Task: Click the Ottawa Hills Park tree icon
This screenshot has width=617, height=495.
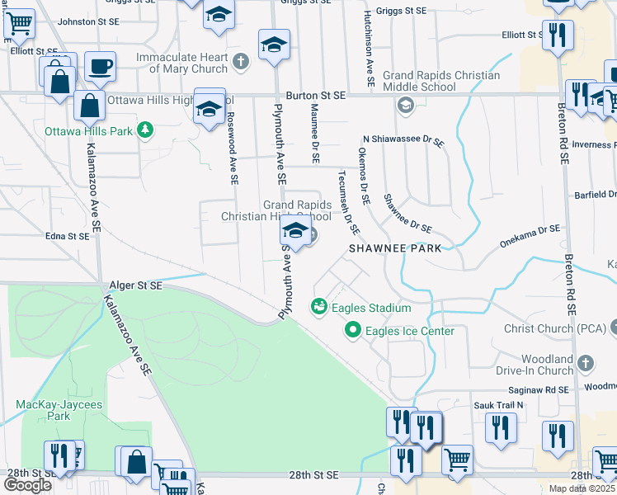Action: [145, 129]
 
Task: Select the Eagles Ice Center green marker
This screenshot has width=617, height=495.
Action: [353, 331]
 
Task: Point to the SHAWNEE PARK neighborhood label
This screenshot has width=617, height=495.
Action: [394, 247]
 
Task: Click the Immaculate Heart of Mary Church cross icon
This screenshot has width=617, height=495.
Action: [240, 60]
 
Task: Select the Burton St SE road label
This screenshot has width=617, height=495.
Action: [316, 96]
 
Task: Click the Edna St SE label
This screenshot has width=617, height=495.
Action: [67, 236]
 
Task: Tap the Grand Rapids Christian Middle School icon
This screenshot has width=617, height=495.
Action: [405, 104]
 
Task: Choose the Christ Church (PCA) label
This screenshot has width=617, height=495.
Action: [553, 328]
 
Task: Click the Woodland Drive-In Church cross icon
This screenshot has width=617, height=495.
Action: [585, 363]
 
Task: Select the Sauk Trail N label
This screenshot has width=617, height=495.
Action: [498, 405]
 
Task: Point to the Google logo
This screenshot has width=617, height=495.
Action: [27, 484]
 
